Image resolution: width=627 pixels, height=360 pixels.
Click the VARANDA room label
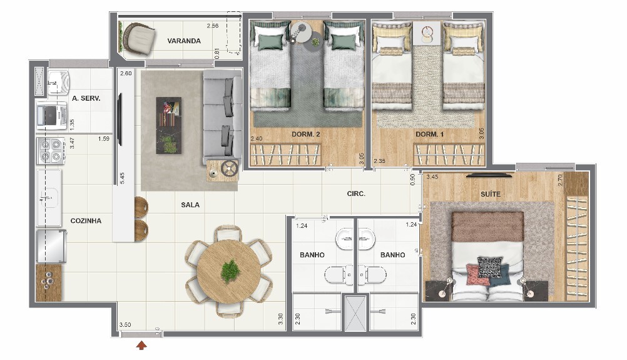[x=184, y=41]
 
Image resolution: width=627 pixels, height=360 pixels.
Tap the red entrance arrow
[x=141, y=345]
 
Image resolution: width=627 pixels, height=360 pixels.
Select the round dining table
[x=229, y=271]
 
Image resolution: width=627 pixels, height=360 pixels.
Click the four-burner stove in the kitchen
[x=51, y=150]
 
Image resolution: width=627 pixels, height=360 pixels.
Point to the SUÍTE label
[x=490, y=194]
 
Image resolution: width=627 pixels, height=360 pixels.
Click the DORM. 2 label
[x=305, y=135]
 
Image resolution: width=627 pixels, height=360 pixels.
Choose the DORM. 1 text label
[x=429, y=135]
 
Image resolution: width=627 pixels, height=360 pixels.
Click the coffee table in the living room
[x=168, y=125]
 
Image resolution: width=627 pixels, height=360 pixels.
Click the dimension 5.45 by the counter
[x=122, y=178]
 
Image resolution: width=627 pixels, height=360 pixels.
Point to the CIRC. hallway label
[x=356, y=193]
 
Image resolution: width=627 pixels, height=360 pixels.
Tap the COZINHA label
[x=86, y=221]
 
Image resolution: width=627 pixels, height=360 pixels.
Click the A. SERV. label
[x=86, y=98]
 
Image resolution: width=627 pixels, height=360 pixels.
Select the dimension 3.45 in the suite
[x=432, y=177]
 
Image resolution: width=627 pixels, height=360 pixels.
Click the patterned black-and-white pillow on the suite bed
[x=489, y=267]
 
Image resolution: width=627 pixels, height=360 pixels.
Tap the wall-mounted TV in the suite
[x=489, y=175]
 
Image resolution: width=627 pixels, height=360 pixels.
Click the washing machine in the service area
[x=51, y=116]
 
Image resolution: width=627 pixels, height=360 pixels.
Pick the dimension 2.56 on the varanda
[x=213, y=26]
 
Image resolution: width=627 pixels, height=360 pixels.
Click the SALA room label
[x=190, y=205]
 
